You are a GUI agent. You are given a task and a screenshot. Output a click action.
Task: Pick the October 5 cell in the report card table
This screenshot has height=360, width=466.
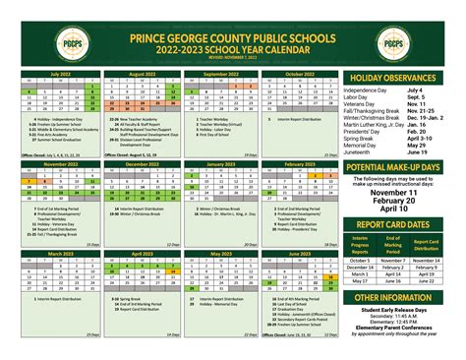(x=361, y=260)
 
